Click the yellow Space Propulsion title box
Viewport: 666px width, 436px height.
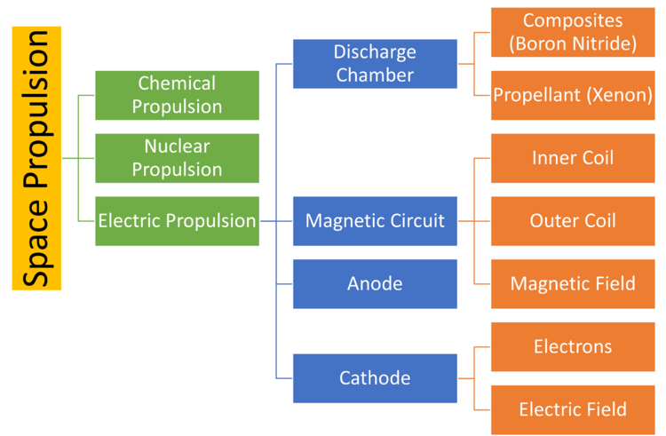[36, 158]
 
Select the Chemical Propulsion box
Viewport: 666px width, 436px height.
[177, 95]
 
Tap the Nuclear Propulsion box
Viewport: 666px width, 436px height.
[177, 157]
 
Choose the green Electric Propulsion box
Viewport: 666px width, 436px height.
[177, 220]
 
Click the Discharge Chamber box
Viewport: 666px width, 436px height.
[375, 63]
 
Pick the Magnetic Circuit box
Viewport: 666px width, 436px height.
[375, 220]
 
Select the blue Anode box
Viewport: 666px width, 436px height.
[375, 284]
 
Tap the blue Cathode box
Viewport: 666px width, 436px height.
[375, 378]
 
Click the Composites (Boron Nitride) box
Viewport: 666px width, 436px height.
[573, 32]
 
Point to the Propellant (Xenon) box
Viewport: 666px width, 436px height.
[573, 95]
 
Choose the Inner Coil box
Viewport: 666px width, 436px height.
[573, 158]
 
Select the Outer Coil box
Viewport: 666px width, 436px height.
[573, 220]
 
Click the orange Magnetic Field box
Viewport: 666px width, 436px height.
[573, 284]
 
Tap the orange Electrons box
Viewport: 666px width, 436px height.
[573, 346]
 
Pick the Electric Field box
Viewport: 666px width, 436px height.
[573, 409]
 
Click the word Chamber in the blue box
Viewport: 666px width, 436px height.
[375, 75]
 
